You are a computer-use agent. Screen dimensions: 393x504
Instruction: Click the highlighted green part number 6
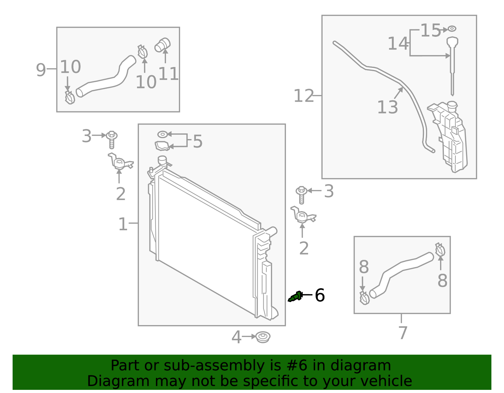[x=295, y=297]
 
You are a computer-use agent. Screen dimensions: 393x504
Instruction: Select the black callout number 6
[x=320, y=295]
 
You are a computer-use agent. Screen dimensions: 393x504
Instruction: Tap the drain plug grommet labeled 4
[x=263, y=337]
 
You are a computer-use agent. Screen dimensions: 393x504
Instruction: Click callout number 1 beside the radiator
[x=123, y=224]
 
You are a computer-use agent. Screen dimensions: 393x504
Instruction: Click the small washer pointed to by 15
[x=452, y=29]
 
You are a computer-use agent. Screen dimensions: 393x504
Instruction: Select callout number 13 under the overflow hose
[x=387, y=107]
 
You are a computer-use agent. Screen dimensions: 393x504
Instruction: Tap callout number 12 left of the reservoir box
[x=304, y=96]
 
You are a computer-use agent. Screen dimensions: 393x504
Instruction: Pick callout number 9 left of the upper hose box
[x=41, y=70]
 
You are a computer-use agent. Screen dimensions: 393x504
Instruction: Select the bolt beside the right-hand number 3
[x=301, y=194]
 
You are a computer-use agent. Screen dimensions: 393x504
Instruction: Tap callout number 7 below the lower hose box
[x=403, y=333]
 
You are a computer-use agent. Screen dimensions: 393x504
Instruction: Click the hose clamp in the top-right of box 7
[x=440, y=250]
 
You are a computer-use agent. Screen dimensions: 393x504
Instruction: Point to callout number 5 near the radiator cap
[x=198, y=142]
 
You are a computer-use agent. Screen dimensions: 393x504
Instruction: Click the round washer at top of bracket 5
[x=162, y=135]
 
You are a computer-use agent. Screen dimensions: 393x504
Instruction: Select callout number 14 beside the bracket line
[x=398, y=43]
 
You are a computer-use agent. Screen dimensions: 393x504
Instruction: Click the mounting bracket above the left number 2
[x=120, y=162]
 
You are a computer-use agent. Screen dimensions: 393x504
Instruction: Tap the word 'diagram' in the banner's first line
[x=367, y=366]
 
